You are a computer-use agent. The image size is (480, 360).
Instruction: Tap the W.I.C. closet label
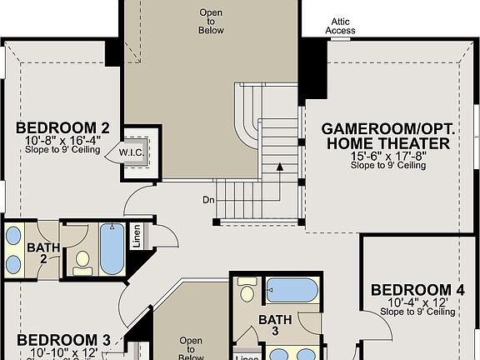(131, 152)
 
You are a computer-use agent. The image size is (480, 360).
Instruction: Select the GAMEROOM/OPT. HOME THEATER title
(386, 136)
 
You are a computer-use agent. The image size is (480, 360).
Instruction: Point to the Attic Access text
(340, 26)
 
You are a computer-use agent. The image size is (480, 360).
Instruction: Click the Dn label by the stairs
(207, 199)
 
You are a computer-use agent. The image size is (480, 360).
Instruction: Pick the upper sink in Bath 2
(15, 236)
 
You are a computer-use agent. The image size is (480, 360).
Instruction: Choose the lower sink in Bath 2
(15, 264)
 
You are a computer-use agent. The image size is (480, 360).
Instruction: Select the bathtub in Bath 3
(292, 291)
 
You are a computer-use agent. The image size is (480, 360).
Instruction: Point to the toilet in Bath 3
(247, 292)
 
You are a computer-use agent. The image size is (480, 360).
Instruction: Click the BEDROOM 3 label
(63, 340)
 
